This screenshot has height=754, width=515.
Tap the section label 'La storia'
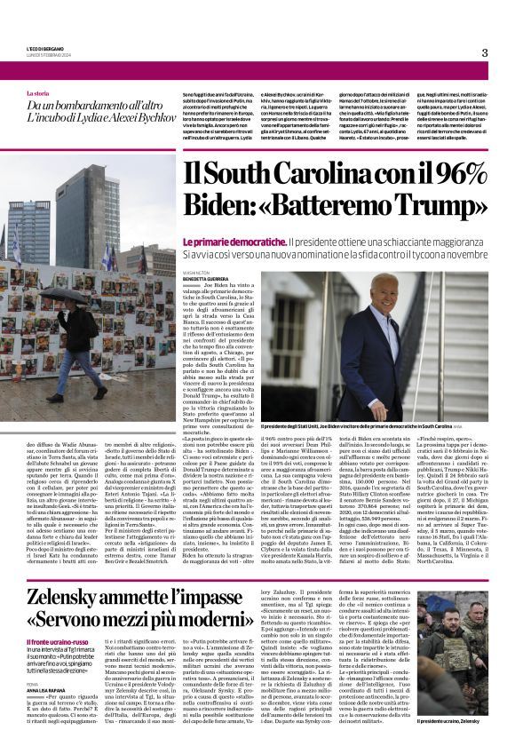(x=38, y=93)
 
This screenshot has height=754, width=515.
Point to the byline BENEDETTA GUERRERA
(x=206, y=276)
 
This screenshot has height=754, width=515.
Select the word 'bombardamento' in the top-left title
(x=94, y=105)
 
